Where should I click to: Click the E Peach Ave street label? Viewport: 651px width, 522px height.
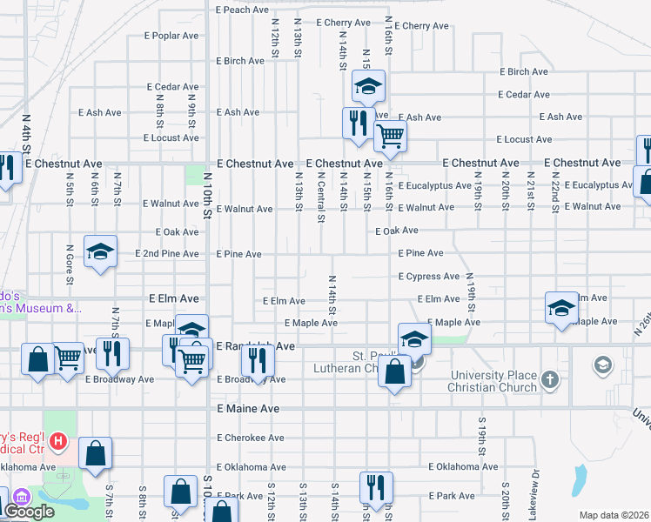(242, 10)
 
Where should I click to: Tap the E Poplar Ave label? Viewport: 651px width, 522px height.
(172, 36)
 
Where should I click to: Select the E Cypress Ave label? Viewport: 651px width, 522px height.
(428, 277)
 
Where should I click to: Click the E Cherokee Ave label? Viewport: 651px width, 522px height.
(251, 438)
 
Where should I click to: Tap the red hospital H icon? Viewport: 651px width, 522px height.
(58, 442)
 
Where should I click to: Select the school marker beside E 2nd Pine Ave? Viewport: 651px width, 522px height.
(100, 252)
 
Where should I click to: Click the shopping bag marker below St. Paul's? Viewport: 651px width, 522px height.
(395, 371)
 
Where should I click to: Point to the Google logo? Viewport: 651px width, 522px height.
(29, 512)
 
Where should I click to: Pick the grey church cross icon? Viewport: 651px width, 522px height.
(549, 379)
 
